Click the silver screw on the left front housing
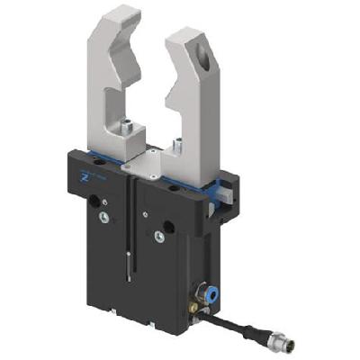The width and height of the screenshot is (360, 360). pyautogui.click(x=105, y=217)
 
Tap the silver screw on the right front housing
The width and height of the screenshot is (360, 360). pyautogui.click(x=159, y=236)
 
